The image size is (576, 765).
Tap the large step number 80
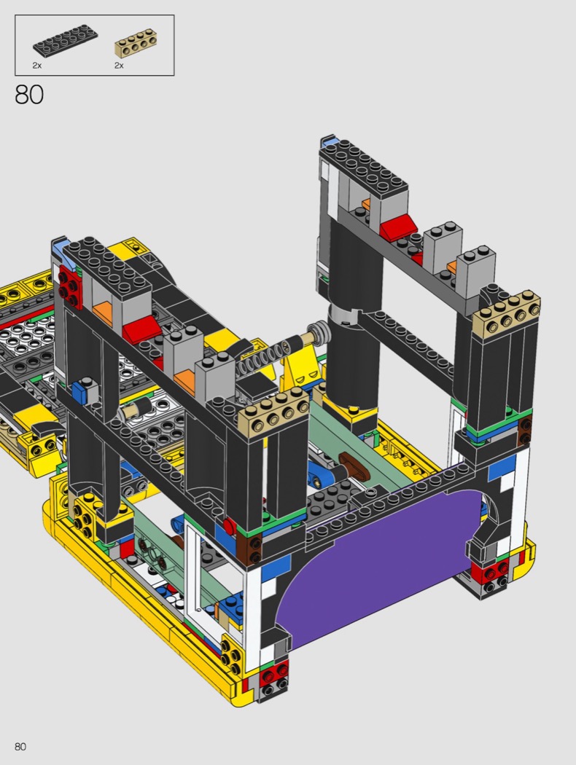(x=29, y=95)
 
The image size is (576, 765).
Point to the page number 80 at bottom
(x=20, y=747)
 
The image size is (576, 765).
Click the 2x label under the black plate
(x=37, y=66)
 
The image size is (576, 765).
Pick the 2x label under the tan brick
(x=119, y=66)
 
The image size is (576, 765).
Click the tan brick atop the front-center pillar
(x=274, y=410)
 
